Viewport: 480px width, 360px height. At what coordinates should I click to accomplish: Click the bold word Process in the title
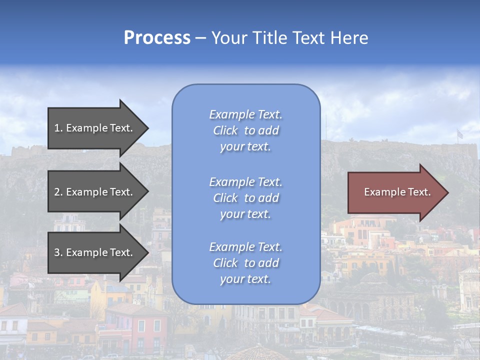[157, 38]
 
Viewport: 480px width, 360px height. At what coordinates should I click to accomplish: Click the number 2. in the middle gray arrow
[58, 192]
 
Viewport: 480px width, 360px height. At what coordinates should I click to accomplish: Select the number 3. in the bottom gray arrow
[58, 252]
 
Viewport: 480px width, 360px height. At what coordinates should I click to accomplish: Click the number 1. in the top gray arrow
[58, 128]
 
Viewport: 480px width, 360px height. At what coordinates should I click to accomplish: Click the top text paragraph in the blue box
[245, 130]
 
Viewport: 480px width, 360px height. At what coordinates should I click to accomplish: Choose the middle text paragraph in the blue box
[245, 198]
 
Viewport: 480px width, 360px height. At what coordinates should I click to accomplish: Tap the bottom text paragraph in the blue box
[245, 263]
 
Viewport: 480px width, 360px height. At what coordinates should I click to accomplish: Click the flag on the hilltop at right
[459, 133]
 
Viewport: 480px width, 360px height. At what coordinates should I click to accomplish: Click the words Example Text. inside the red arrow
[397, 192]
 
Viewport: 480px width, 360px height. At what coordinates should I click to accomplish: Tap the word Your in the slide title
[229, 38]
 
